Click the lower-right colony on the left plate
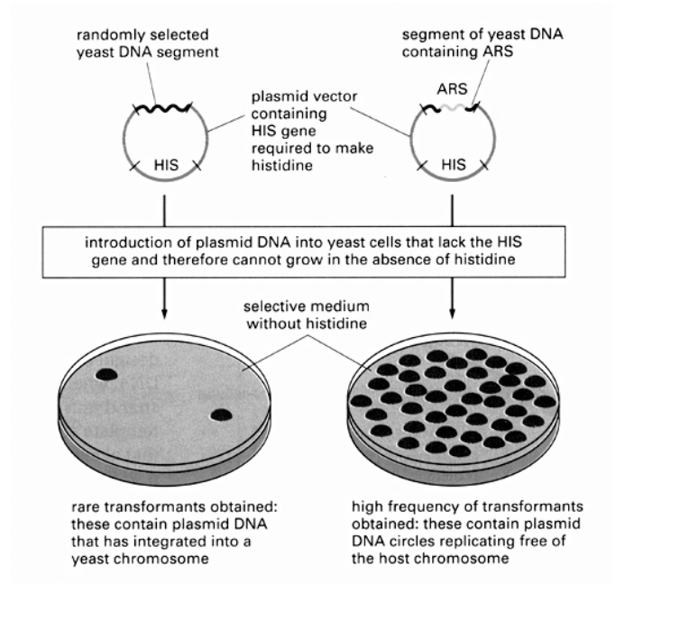pos(220,415)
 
